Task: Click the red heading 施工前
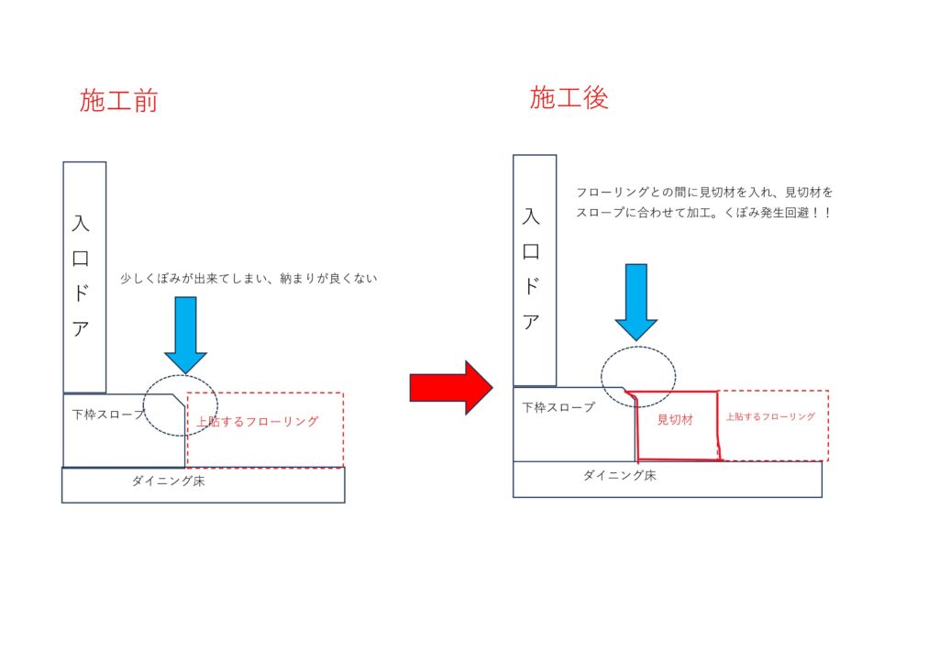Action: [x=118, y=101]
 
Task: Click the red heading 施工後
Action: [x=569, y=97]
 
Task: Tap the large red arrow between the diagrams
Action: [x=451, y=387]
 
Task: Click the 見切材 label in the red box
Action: [x=675, y=420]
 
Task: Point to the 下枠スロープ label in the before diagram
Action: [x=108, y=415]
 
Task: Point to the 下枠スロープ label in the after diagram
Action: [x=558, y=408]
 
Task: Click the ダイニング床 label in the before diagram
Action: [x=169, y=481]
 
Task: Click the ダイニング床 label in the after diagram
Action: [x=620, y=475]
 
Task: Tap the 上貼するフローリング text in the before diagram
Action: [x=258, y=422]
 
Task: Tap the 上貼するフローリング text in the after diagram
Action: [x=770, y=416]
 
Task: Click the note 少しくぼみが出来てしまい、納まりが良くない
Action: [x=249, y=279]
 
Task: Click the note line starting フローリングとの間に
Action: [x=704, y=193]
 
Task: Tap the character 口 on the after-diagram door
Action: [x=531, y=251]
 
